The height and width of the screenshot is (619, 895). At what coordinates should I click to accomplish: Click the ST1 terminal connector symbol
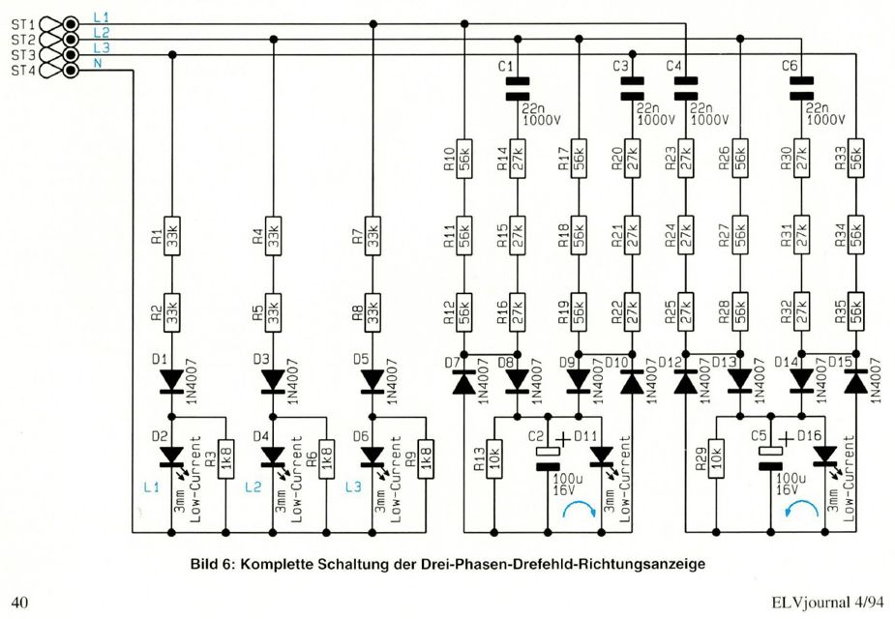click(x=58, y=21)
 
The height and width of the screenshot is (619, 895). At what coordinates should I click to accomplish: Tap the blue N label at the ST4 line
click(x=97, y=64)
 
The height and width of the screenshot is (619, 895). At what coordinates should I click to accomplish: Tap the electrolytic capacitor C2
click(x=548, y=454)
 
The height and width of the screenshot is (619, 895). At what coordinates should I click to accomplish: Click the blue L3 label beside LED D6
click(x=354, y=486)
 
